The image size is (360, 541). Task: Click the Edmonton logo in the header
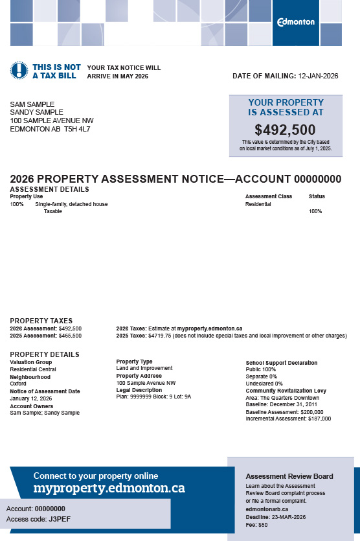296,22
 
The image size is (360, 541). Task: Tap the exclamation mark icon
19,71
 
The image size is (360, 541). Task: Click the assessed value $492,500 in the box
285,130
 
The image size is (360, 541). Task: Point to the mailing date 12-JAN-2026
319,76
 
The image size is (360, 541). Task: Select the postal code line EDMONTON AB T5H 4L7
50,129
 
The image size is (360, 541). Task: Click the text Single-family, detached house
71,204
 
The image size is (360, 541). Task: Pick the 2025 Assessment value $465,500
70,336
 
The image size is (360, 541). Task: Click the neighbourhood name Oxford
18,384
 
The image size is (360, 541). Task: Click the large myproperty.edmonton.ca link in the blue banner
109,487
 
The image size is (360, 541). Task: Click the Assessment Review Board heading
289,476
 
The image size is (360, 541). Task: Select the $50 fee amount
263,524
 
